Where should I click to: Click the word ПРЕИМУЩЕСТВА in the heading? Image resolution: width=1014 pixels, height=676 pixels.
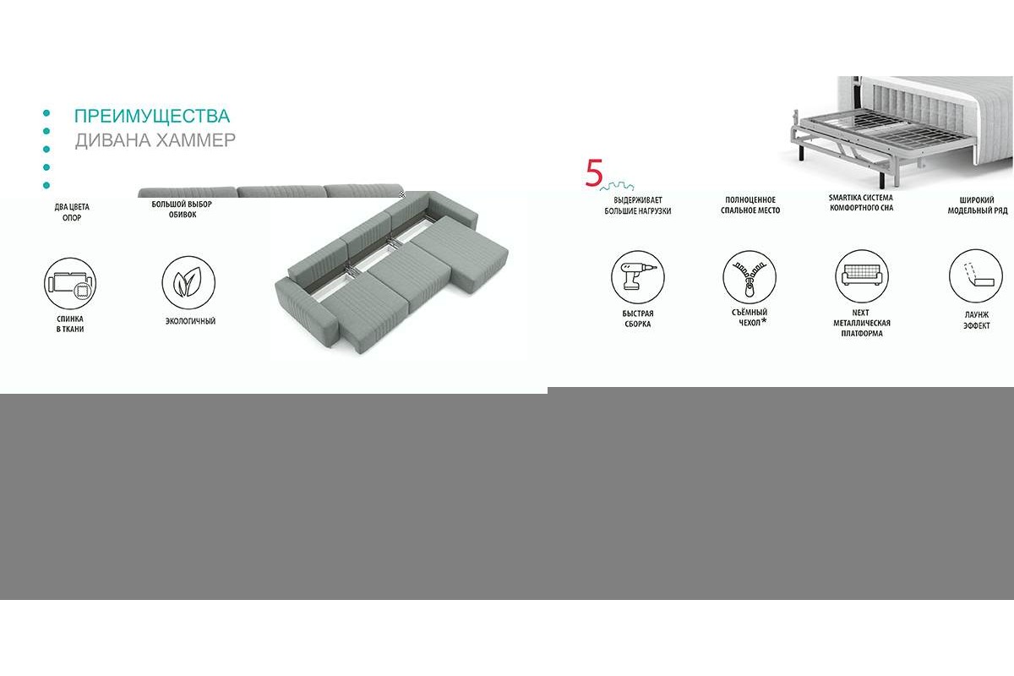pos(152,116)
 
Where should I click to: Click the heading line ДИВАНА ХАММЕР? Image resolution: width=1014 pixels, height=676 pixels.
pos(155,140)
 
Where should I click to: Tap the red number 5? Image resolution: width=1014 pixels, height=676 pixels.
pos(594,172)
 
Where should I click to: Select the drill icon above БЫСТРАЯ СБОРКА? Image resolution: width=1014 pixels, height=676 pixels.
pos(638,277)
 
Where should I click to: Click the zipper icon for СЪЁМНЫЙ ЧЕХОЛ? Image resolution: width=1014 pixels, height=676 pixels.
pos(750,277)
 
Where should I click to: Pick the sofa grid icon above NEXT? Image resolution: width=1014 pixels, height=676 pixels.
pos(861,275)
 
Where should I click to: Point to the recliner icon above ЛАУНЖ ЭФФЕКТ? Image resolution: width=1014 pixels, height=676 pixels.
pos(975,275)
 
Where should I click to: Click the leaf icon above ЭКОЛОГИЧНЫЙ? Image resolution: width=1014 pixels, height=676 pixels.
pos(188,282)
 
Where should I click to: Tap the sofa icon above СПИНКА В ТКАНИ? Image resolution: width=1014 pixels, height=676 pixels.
pos(70,284)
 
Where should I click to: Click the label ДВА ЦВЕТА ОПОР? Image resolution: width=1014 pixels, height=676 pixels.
pos(72,212)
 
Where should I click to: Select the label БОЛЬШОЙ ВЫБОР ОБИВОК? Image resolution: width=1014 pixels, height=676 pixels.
pos(182,210)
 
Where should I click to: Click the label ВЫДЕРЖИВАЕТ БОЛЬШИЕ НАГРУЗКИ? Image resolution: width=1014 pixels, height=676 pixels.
pos(638,205)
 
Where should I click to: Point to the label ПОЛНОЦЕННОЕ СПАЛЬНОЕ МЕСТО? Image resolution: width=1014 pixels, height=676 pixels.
pos(750,205)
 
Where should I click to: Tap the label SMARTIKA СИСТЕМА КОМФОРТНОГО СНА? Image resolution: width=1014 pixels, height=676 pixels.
pos(861,203)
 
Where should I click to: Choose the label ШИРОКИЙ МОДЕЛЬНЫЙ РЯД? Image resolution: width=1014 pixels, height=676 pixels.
pos(978,205)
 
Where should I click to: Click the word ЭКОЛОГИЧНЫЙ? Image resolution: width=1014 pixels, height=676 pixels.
pos(190,321)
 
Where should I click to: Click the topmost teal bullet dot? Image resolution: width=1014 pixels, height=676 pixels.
pos(46,113)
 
